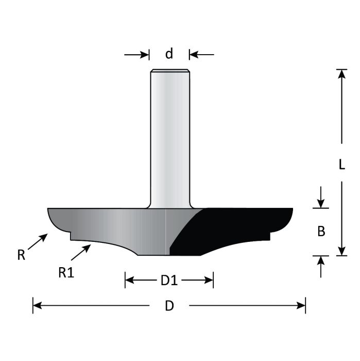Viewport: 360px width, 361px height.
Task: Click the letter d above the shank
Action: [169, 53]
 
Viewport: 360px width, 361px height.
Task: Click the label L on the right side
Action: [341, 165]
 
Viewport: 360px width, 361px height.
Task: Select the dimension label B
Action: [321, 232]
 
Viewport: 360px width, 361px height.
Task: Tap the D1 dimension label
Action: [169, 281]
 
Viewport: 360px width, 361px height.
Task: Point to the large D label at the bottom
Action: [169, 306]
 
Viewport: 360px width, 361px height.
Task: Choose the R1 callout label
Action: [66, 273]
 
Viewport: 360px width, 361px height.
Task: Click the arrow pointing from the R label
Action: [38, 242]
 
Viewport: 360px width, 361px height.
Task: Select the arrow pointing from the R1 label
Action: [81, 253]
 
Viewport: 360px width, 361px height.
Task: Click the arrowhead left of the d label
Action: [144, 54]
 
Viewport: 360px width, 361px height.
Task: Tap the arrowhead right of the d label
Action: [195, 54]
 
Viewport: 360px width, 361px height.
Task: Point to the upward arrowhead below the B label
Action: [321, 260]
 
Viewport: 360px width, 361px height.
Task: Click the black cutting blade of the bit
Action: [232, 227]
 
